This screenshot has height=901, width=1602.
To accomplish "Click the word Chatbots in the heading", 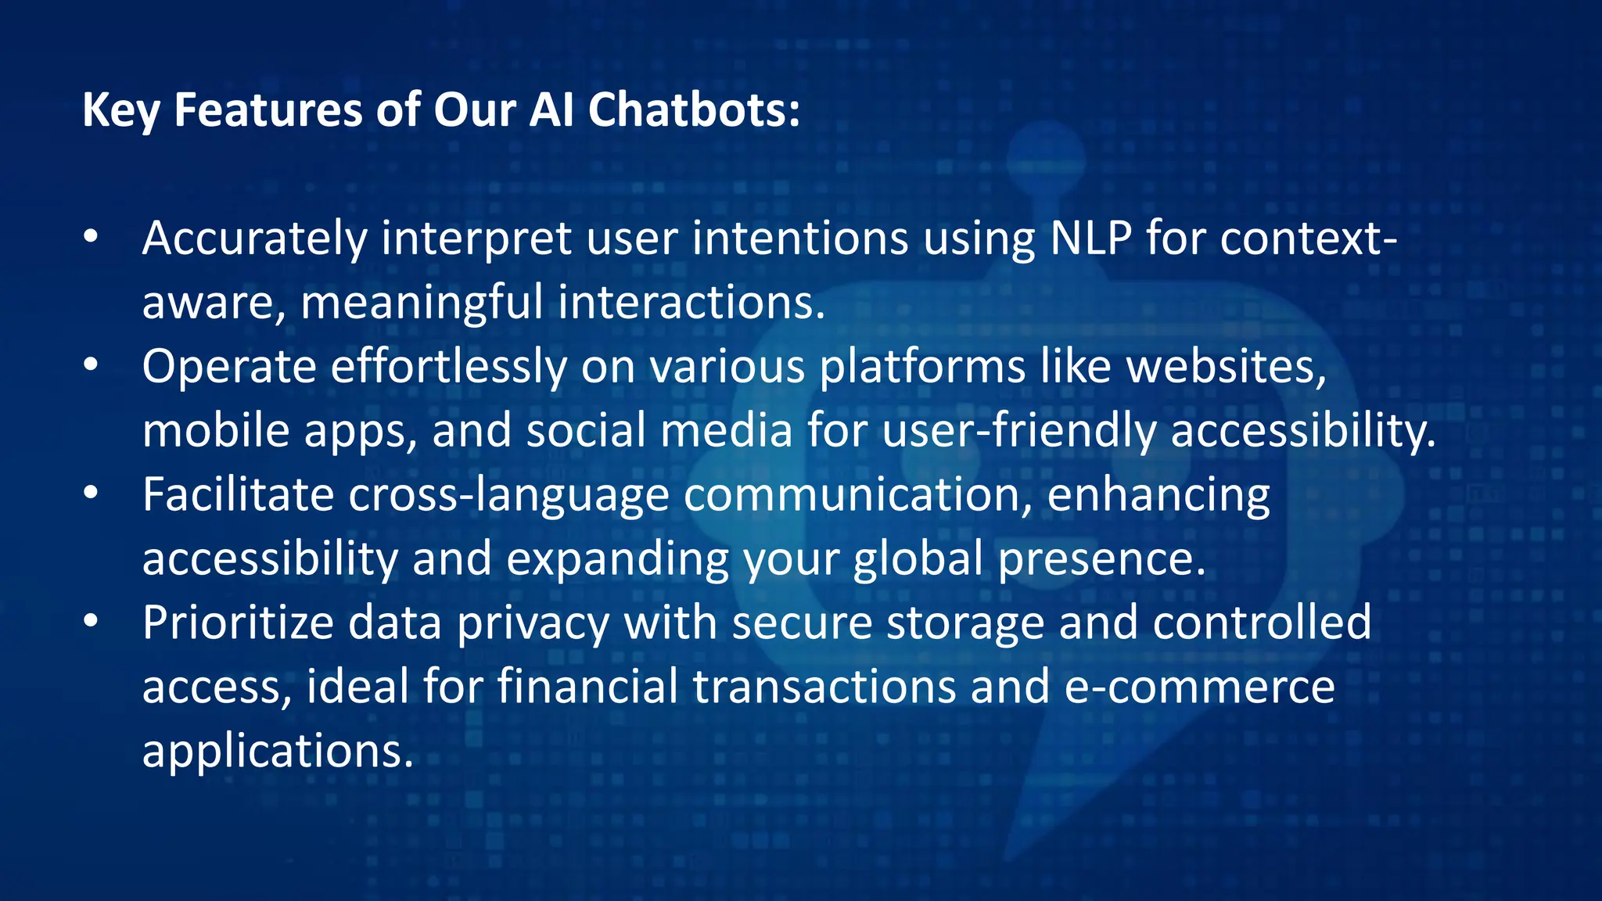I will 694,109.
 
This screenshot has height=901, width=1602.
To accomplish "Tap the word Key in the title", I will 120,111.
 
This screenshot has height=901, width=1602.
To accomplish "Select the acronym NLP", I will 1090,238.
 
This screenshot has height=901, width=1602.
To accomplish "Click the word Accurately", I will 254,239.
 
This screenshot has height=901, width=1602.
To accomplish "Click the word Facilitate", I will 239,494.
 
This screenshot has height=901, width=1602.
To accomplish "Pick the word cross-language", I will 508,496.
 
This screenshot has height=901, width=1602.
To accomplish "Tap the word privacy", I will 533,624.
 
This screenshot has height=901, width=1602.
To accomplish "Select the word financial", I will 587,687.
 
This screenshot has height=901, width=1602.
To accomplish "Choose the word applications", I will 277,752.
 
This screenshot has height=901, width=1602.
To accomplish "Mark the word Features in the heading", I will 268,109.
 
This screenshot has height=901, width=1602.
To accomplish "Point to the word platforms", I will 922,368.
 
